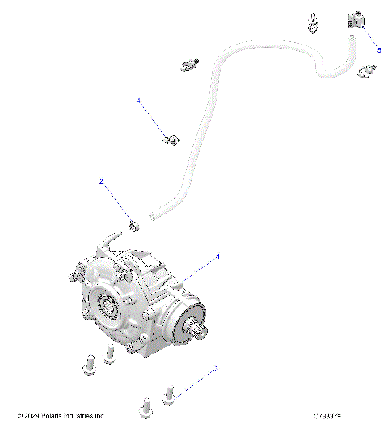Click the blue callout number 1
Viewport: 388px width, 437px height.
point(217,256)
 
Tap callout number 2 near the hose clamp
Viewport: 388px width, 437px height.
point(101,182)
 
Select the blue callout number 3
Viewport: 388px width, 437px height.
point(216,368)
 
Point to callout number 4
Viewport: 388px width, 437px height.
point(138,101)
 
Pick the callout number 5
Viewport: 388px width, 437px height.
point(379,48)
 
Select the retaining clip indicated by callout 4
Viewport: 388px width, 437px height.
point(171,140)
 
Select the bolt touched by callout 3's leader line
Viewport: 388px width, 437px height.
point(170,395)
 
